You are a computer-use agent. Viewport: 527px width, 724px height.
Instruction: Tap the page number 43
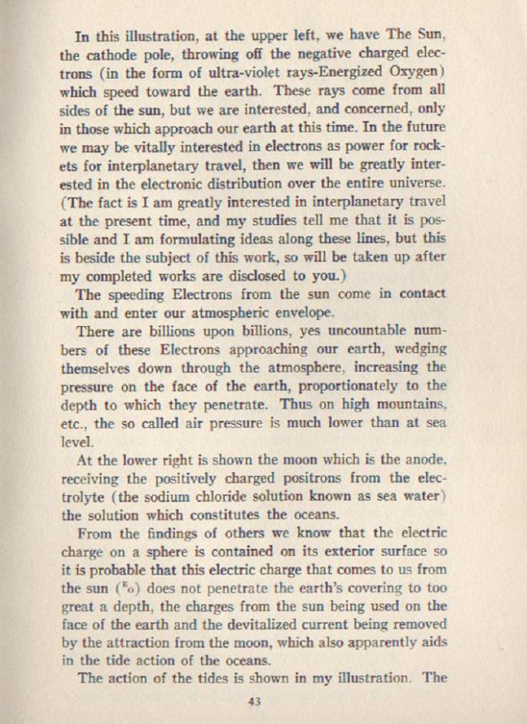point(256,701)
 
